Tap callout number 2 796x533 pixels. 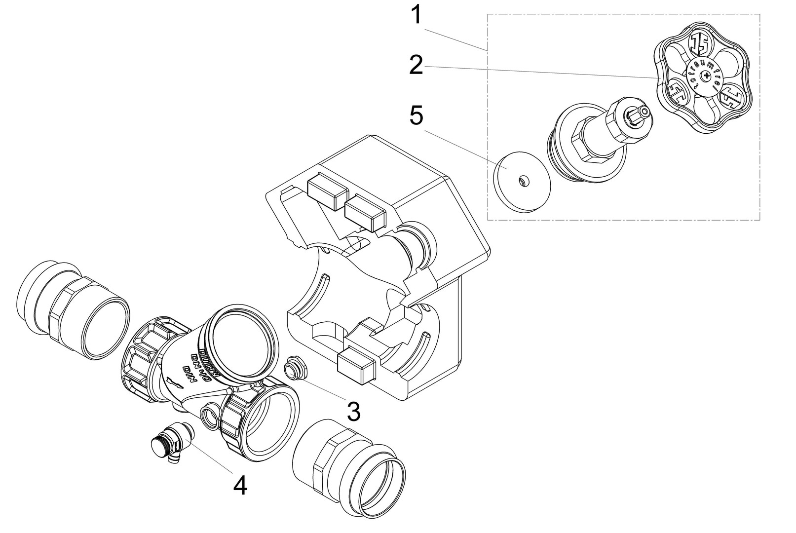pos(416,65)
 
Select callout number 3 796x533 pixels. pos(353,411)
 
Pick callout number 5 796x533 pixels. pos(416,116)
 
